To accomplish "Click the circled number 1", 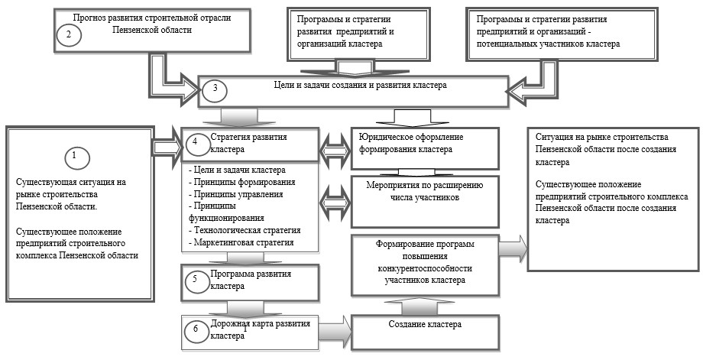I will coord(75,156).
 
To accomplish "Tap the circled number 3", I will coord(215,87).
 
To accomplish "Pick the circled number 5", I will coord(196,279).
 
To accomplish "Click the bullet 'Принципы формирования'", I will coord(240,181).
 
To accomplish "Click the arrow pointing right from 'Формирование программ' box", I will coord(513,250).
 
